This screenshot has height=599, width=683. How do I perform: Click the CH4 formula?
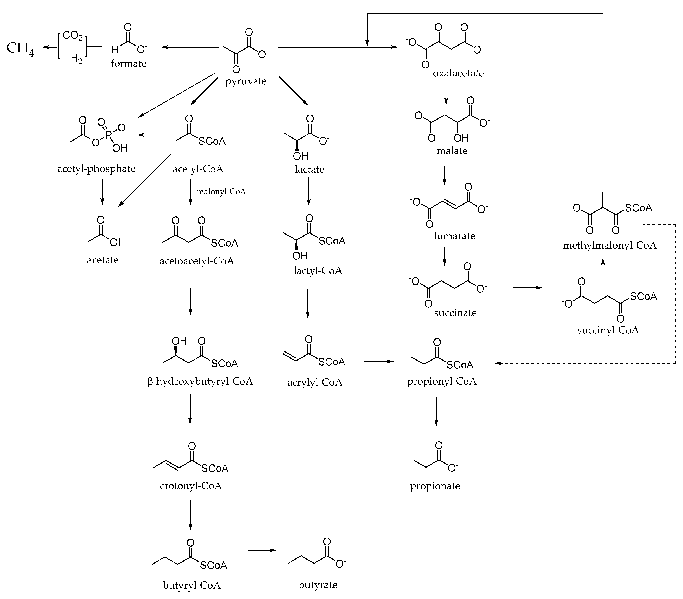(20, 48)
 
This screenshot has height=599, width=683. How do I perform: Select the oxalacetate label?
(458, 73)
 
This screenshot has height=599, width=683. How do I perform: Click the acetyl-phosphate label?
(96, 168)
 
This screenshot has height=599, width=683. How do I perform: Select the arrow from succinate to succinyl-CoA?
(527, 287)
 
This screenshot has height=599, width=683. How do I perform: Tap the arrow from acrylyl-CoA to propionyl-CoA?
(379, 361)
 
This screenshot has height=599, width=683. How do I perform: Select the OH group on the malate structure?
(461, 138)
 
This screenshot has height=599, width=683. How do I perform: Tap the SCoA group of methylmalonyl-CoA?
(638, 208)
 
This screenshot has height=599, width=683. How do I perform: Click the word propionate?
(435, 486)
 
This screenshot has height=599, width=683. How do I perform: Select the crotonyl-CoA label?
(191, 486)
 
